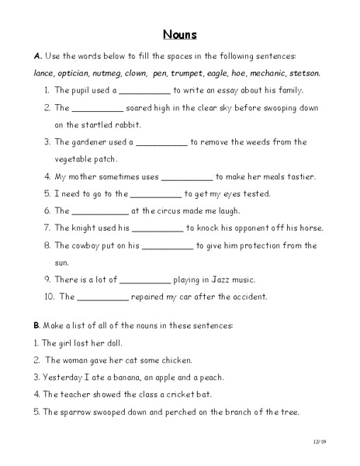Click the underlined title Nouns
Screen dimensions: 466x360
(180, 34)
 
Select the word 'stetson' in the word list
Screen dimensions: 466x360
(303, 74)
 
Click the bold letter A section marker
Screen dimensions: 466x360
(37, 57)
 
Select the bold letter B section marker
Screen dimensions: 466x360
(37, 325)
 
